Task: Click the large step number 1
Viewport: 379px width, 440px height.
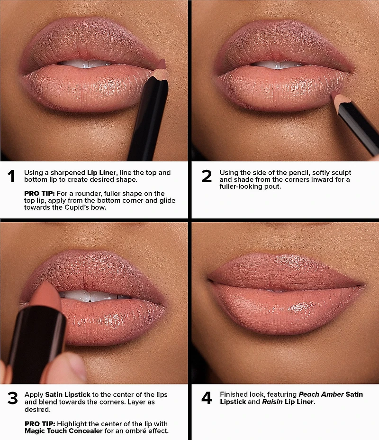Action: (x=11, y=176)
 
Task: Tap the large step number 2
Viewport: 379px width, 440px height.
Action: (x=207, y=176)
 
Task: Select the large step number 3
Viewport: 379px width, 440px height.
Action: (x=13, y=398)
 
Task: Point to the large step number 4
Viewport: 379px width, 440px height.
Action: (x=207, y=398)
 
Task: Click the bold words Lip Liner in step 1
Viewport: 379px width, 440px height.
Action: (x=101, y=173)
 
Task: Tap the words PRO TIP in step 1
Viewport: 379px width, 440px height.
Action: (x=39, y=193)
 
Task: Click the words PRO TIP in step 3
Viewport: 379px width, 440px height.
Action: (x=40, y=424)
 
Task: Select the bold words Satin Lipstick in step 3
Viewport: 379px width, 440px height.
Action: (x=67, y=394)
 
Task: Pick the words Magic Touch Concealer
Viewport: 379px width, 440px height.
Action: (x=63, y=431)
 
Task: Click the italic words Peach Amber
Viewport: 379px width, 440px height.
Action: (x=321, y=394)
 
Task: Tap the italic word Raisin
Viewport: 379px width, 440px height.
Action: (x=272, y=402)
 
